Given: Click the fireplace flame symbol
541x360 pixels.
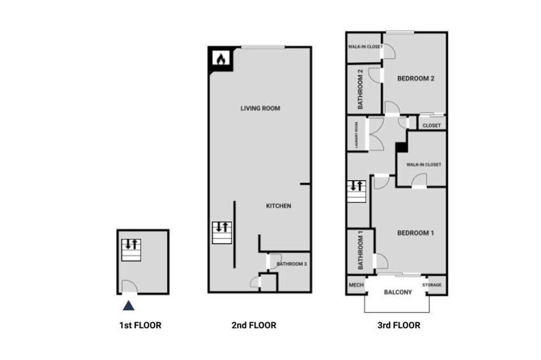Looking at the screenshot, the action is pos(221,59).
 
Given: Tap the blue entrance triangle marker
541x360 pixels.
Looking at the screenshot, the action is pos(129,305).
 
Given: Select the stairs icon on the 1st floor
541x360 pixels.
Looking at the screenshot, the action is pos(131,250).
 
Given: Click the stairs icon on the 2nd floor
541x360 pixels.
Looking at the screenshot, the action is pos(222,233).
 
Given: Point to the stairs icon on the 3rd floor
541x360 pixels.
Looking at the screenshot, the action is pos(357,191).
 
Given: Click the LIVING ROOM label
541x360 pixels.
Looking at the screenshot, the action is pos(261,108).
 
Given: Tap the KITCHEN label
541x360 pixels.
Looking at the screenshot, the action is pos(279,206).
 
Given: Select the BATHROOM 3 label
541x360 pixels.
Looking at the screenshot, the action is pos(292,264).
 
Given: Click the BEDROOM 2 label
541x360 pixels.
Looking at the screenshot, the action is pos(415,78).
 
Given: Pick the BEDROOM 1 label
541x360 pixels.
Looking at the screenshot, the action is pos(415,233).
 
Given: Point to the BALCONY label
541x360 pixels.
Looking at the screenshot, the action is pos(398,292).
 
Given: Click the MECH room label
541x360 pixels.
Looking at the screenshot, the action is pos(357,285).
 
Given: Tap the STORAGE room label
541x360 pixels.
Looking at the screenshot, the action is pos(432,285).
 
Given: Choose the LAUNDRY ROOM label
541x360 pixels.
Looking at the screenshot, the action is pos(357,135).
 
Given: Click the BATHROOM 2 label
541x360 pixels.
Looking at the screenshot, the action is pos(360,89).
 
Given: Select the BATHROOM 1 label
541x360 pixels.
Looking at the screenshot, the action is pos(360,250).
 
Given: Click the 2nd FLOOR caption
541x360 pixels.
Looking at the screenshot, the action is pos(254,325).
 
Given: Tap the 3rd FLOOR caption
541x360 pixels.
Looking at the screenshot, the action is pos(399,325).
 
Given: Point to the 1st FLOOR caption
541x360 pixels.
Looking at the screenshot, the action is pos(141,325).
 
